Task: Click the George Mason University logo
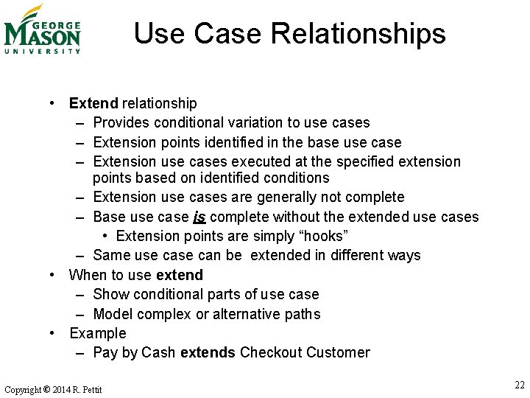(x=42, y=30)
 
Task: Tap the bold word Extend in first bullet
(x=93, y=103)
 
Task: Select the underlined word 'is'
(x=199, y=217)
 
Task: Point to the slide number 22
(x=520, y=385)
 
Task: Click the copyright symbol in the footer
(x=46, y=389)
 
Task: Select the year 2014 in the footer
(x=61, y=389)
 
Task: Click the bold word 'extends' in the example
(x=208, y=352)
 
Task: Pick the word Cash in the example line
(x=158, y=352)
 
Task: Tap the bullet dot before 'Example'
(x=54, y=333)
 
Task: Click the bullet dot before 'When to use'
(x=54, y=275)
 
